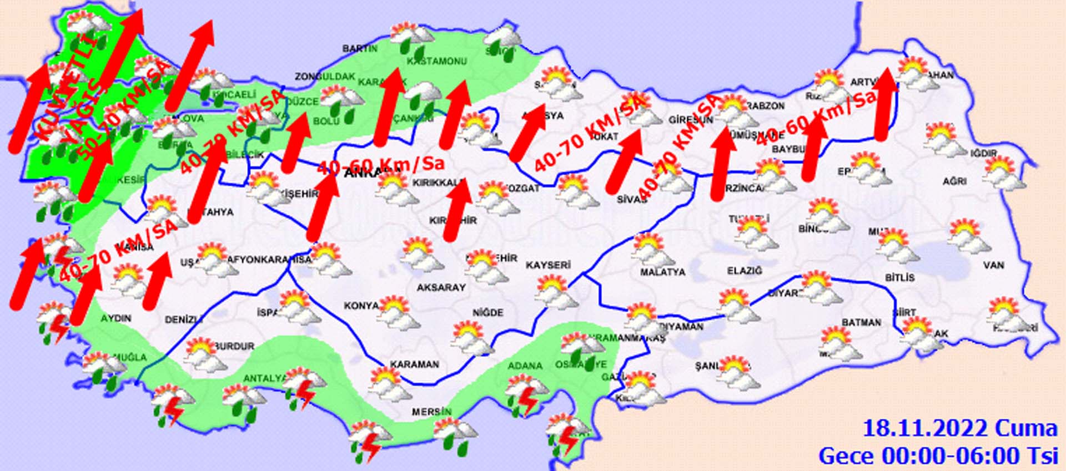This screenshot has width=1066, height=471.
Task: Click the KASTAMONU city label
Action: tap(437, 61)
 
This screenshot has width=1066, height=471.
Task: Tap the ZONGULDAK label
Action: tap(325, 77)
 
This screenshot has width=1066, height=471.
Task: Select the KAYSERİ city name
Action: tap(549, 265)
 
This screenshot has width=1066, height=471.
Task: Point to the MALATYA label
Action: tap(662, 272)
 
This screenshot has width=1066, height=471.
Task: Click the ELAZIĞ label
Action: tap(745, 271)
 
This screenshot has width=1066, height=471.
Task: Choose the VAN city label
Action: tap(993, 265)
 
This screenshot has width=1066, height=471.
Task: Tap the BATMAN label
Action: tap(861, 322)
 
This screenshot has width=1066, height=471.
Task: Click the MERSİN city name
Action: tap(431, 412)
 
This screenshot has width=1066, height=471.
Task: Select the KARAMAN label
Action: tap(414, 364)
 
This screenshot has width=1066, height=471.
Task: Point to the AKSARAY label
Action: tap(441, 287)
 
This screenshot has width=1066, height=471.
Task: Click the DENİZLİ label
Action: tap(184, 320)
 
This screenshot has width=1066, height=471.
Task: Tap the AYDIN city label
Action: tap(116, 318)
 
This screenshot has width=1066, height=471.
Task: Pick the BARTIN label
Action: tap(360, 49)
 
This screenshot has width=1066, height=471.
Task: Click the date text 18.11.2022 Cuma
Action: tap(959, 429)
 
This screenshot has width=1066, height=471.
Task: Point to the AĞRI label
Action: tap(954, 181)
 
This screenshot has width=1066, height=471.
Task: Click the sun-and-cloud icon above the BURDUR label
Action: tap(204, 354)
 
